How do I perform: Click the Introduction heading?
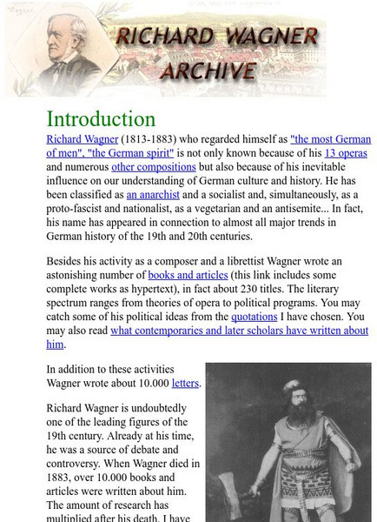101,119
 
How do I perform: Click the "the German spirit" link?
131,152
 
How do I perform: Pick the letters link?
185,382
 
